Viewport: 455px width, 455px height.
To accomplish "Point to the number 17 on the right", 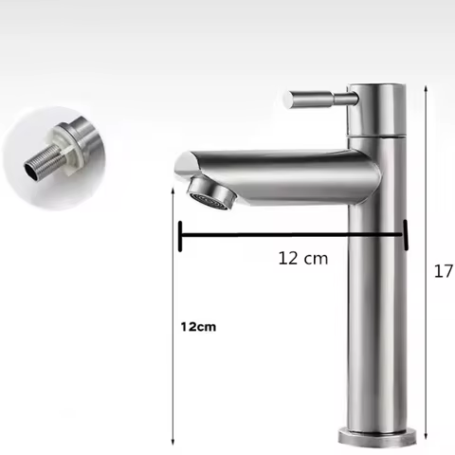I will [x=443, y=272].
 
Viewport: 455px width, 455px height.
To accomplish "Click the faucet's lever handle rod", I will [x=318, y=98].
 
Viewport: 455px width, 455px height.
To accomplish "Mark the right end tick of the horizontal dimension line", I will [x=406, y=235].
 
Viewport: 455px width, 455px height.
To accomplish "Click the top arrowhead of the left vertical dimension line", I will [x=172, y=189].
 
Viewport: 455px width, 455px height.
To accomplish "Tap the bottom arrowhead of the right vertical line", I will [x=427, y=438].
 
